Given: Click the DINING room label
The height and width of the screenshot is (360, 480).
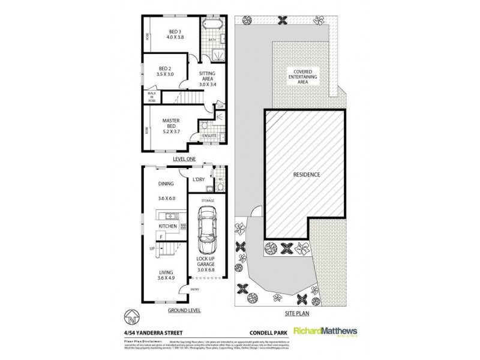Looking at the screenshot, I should pos(166,184).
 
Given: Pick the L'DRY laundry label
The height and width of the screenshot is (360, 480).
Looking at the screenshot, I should pos(199,179).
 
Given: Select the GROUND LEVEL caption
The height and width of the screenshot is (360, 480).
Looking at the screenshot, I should pos(185,311).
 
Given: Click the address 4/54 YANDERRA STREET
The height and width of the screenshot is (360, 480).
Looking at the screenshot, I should pos(158,329).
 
